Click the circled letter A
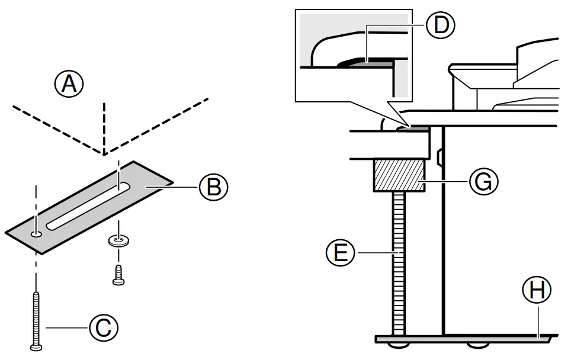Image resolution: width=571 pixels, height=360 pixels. coord(69,85)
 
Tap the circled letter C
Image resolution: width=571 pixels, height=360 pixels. coord(104,327)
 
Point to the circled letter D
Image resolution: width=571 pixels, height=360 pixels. coord(440,25)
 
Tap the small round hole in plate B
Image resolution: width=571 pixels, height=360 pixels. coord(37,234)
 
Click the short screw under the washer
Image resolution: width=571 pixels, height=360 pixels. coord(118,274)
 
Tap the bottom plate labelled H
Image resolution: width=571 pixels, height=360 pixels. coord(462,338)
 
